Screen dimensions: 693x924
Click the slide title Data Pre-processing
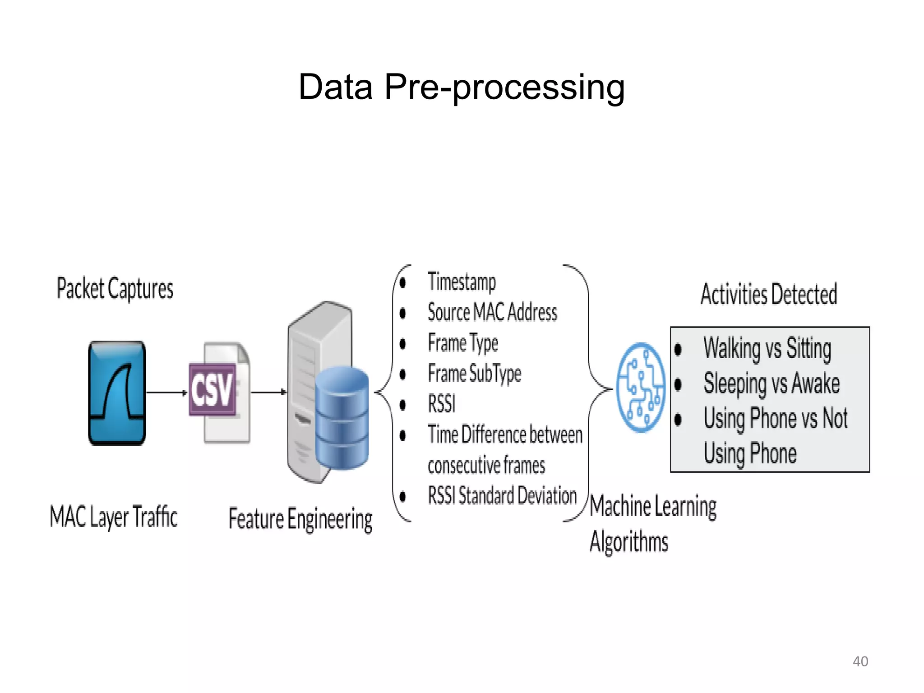461,87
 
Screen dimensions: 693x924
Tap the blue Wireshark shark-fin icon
117,393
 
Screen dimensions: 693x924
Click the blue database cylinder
342,417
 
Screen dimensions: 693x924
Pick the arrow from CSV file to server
268,392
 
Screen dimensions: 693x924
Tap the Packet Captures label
115,289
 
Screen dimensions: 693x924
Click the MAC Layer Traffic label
114,517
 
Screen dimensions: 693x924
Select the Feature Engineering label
300,519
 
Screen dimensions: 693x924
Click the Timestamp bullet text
462,282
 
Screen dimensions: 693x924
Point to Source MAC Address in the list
492,313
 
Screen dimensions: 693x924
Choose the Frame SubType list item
474,374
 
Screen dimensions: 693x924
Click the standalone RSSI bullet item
442,404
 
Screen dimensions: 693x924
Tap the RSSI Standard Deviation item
502,496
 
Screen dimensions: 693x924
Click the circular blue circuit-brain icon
641,387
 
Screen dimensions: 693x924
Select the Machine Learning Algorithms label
652,523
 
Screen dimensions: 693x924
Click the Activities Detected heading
769,295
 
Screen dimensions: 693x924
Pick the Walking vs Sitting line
767,349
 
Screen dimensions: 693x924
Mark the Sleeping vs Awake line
772,384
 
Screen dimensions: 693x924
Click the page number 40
860,661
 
